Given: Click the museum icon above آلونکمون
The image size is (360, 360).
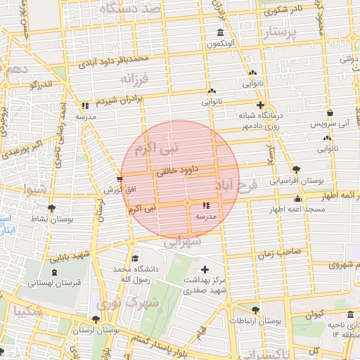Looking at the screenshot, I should tap(221, 34).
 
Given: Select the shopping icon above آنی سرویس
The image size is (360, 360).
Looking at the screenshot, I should tap(329, 112).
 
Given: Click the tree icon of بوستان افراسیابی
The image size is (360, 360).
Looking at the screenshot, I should tap(296, 169).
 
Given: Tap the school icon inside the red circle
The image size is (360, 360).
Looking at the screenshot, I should tap(206, 205).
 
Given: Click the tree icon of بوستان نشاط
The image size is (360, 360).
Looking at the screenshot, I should tap(51, 208).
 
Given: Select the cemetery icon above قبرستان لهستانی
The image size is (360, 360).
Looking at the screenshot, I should tap(55, 272).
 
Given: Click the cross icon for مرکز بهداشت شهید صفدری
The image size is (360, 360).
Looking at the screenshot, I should tap(205, 269).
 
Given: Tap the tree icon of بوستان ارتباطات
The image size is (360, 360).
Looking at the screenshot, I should tap(255, 310).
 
